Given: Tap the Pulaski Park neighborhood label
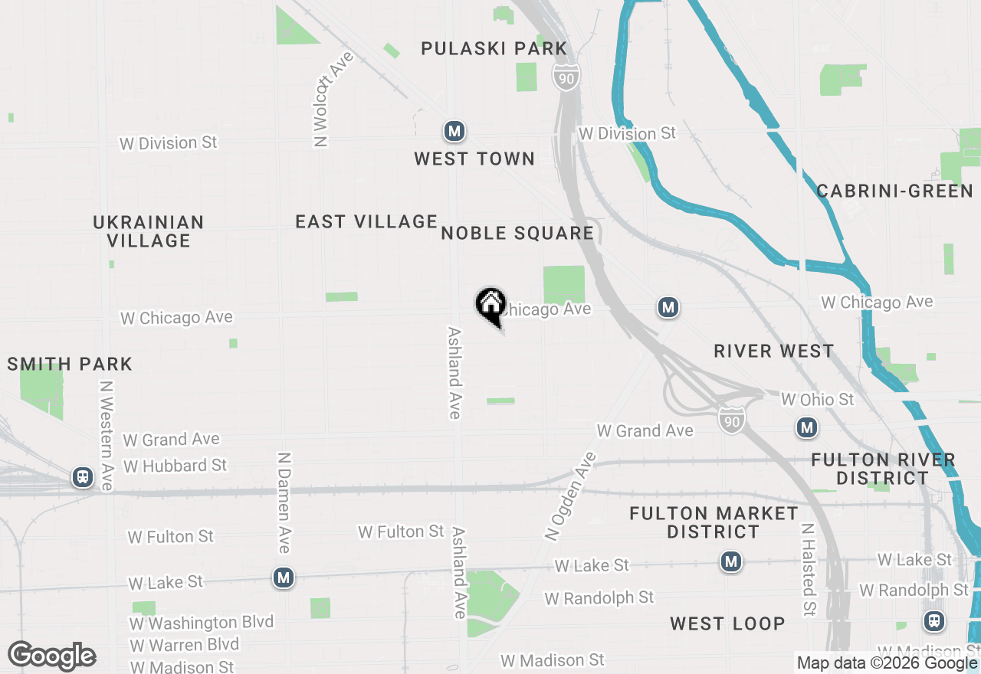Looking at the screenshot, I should click(x=494, y=49).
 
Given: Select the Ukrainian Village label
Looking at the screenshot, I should click(x=149, y=231).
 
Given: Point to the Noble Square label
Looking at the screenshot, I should click(x=517, y=234).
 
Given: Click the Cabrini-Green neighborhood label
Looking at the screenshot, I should click(x=894, y=191).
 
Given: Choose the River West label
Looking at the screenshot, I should click(x=773, y=351).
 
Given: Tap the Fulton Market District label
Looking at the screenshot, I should click(x=714, y=522).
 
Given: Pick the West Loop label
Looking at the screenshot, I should click(x=727, y=623).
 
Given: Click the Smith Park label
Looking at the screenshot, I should click(x=70, y=364).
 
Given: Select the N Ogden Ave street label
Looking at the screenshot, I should click(x=570, y=497).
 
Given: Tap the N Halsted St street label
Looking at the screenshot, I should click(x=808, y=570).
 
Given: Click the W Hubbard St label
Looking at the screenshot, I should click(x=175, y=466).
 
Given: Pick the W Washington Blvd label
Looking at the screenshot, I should click(x=202, y=622).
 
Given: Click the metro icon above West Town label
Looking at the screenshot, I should click(x=454, y=132).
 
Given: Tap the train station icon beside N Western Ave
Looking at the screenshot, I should click(x=82, y=477).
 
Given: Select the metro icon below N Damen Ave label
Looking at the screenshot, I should click(x=284, y=577).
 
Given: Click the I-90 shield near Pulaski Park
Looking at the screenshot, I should click(x=566, y=75).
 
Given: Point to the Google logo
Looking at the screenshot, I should click(x=52, y=656).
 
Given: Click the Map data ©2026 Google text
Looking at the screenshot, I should click(x=887, y=663).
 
